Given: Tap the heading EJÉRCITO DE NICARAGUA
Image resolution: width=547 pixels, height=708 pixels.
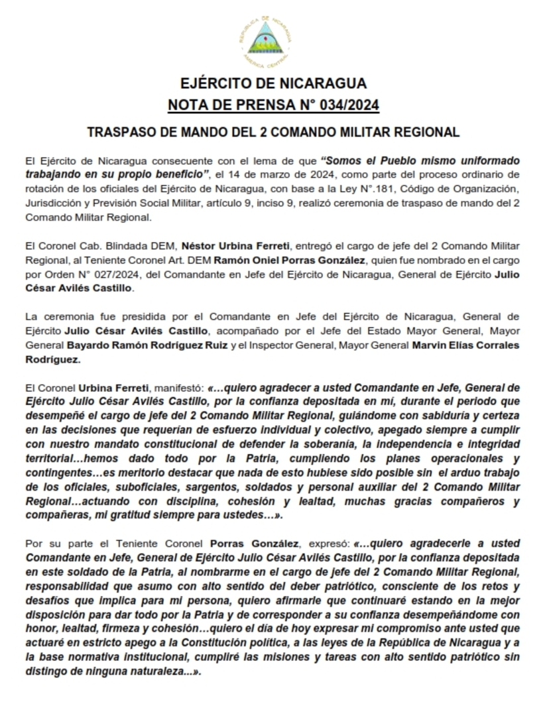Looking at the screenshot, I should pyautogui.click(x=273, y=84).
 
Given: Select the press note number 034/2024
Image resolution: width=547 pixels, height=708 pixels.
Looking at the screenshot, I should pyautogui.click(x=347, y=105).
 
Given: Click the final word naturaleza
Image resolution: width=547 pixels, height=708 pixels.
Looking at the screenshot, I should pyautogui.click(x=166, y=671).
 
